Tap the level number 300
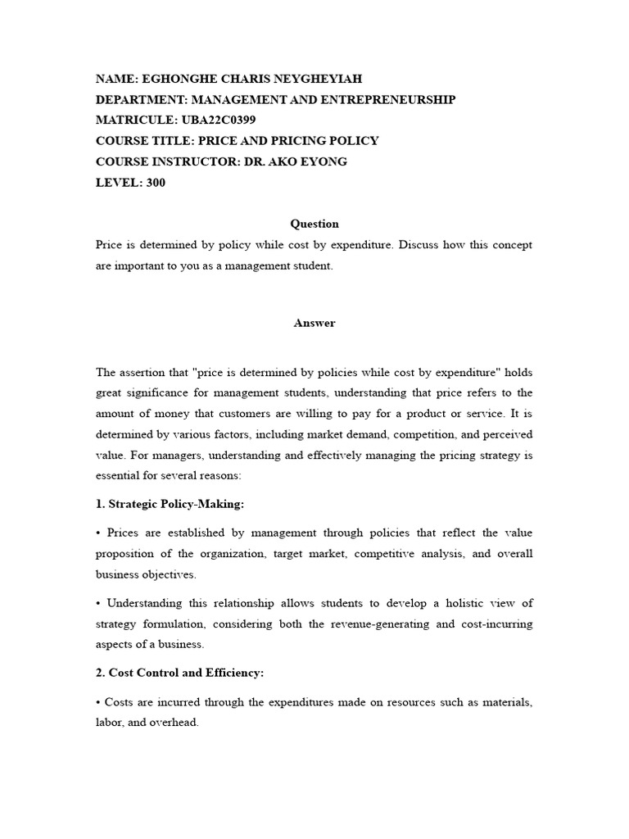155,183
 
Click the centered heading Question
314,224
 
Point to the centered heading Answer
314,323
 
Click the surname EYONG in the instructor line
325,161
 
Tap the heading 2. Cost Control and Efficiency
179,673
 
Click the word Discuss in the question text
425,246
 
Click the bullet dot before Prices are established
98,533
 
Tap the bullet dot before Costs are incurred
98,703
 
